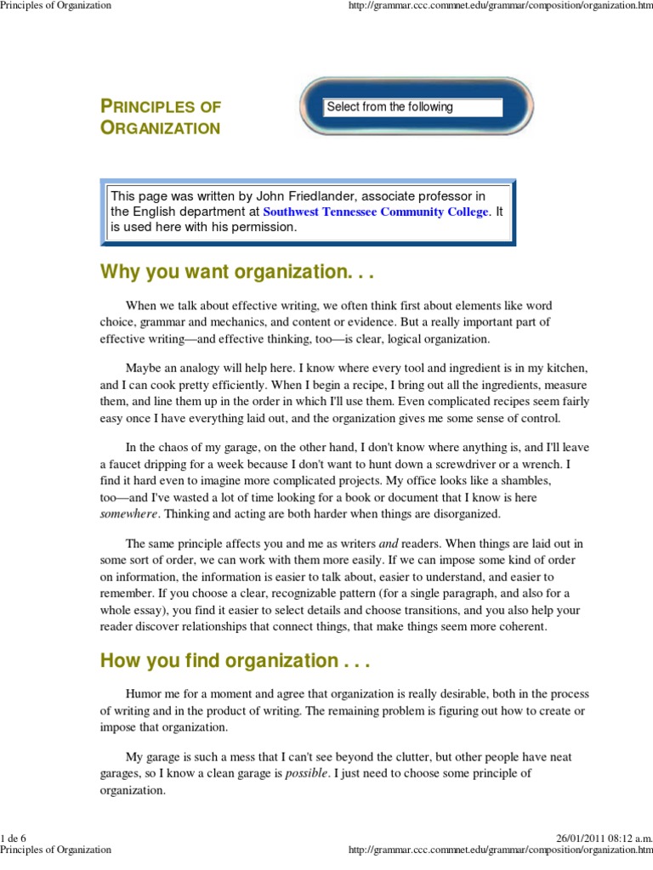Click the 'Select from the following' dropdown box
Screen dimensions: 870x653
point(412,107)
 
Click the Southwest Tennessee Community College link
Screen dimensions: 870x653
point(376,212)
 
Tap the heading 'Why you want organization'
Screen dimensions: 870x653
point(237,273)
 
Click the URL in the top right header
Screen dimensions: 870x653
point(501,5)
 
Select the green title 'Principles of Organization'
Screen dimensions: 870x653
point(160,117)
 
